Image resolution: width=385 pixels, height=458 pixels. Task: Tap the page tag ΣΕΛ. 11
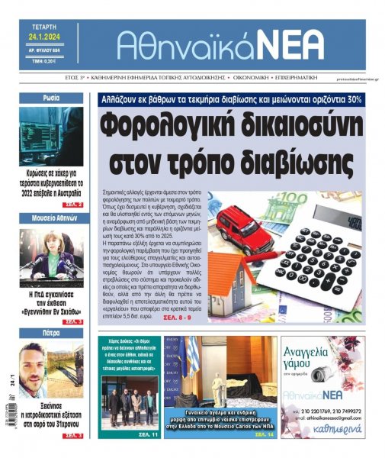[149, 434]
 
